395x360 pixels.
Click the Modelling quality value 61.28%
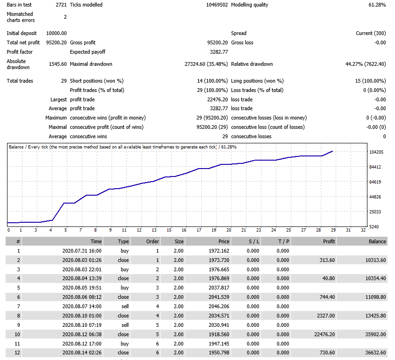[x=377, y=5]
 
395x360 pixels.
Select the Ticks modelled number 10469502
[x=217, y=5]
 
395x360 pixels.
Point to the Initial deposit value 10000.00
[x=56, y=33]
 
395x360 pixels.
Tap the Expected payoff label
[x=88, y=52]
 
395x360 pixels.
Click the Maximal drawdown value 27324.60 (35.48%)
[x=206, y=64]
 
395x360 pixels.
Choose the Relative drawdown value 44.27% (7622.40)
[x=366, y=64]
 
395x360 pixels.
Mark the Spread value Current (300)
[x=371, y=33]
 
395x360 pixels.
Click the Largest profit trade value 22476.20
[x=218, y=99]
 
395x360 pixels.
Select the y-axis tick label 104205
[x=376, y=152]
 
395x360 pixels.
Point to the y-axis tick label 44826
[x=375, y=197]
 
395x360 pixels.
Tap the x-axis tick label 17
[x=199, y=230]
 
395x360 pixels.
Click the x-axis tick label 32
[x=363, y=230]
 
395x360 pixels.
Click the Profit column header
[x=329, y=241]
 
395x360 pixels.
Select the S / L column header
[x=254, y=241]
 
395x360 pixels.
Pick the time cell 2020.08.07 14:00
[x=82, y=306]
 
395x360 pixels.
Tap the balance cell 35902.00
[x=375, y=334]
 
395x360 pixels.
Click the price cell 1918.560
[x=219, y=334]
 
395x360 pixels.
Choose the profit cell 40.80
[x=329, y=278]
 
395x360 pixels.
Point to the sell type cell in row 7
[x=125, y=306]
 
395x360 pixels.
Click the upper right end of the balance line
[x=332, y=151]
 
